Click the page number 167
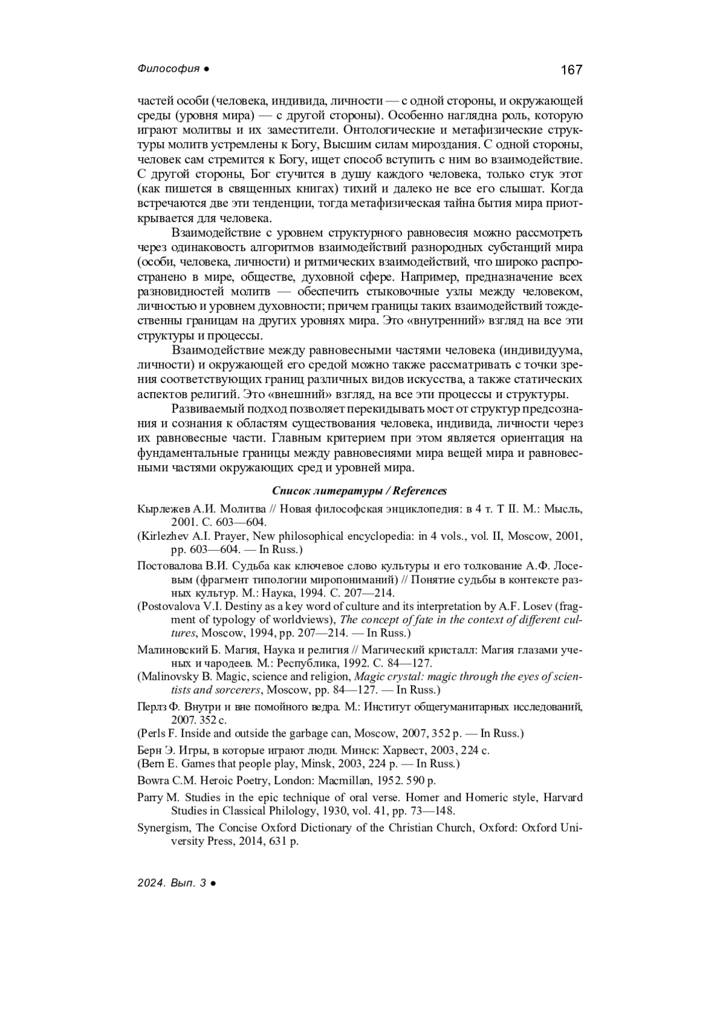click(x=571, y=70)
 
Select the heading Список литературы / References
click(x=359, y=491)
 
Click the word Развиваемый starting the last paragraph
click(x=208, y=410)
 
